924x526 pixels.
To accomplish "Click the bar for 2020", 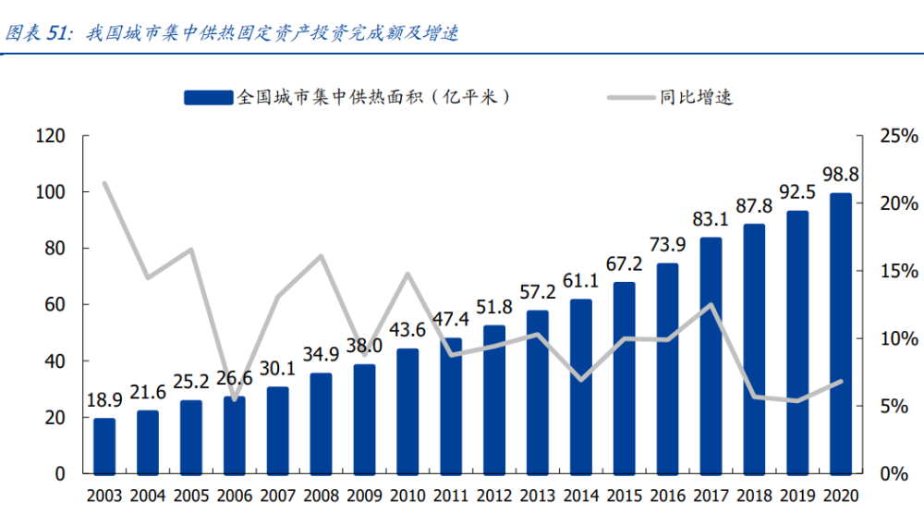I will (840, 333).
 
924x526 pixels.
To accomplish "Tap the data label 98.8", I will (840, 175).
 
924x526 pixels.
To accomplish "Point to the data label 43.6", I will (407, 330).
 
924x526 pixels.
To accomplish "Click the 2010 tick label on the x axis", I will (407, 495).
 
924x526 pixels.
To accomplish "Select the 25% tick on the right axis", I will (898, 136).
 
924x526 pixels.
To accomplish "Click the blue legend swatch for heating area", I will (209, 97).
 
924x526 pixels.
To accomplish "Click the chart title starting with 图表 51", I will (231, 33).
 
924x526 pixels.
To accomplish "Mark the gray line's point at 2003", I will (104, 183).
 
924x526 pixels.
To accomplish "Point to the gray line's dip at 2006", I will (235, 400).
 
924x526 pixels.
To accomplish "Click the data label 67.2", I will (624, 263).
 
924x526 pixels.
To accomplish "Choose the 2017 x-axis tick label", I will (711, 495).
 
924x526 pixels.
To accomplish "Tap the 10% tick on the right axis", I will (898, 338).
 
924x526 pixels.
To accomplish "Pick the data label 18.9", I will (104, 400).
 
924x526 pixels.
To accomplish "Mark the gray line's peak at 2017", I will (711, 304).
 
